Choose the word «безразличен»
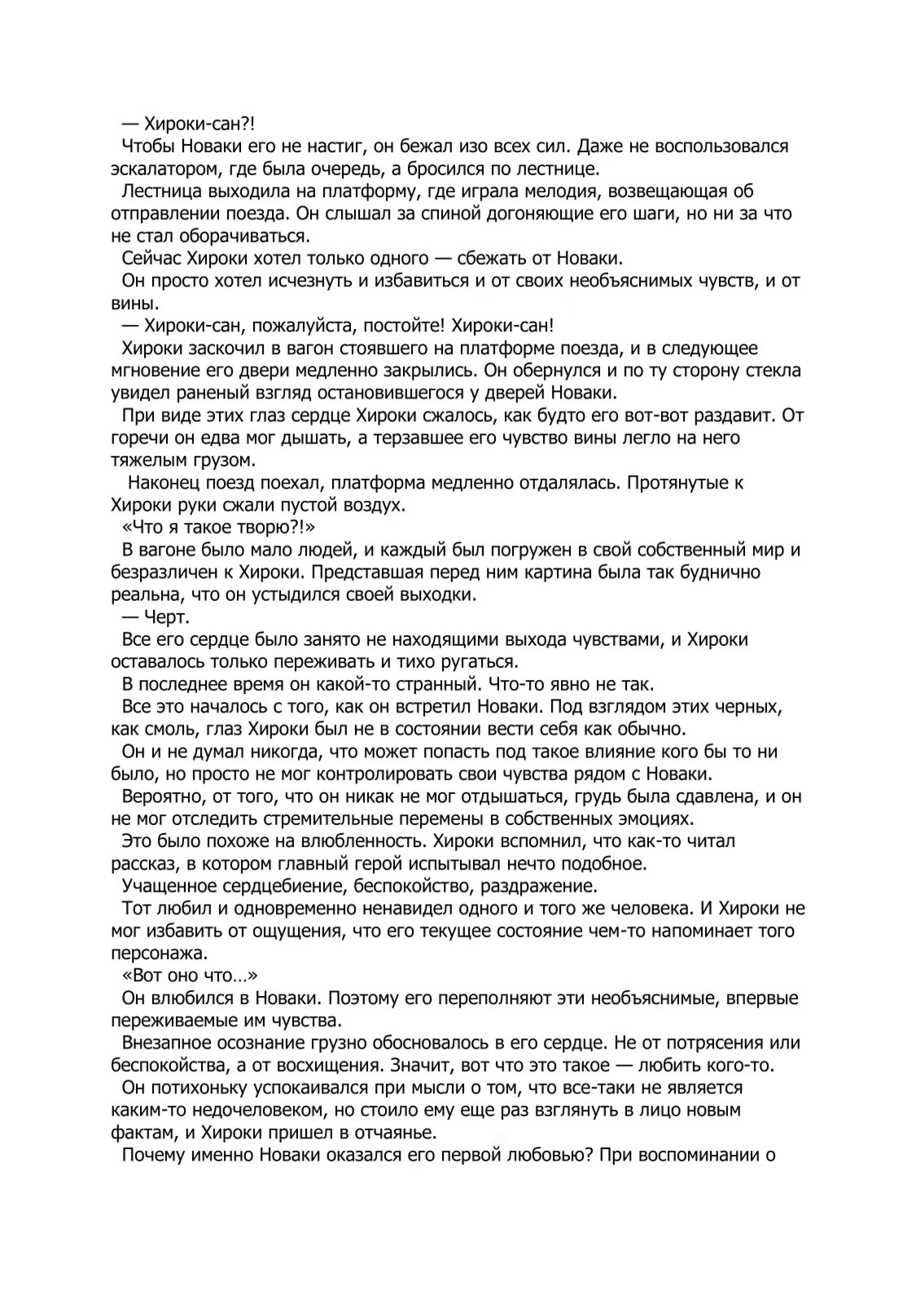coord(164,572)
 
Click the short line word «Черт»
coord(167,616)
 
